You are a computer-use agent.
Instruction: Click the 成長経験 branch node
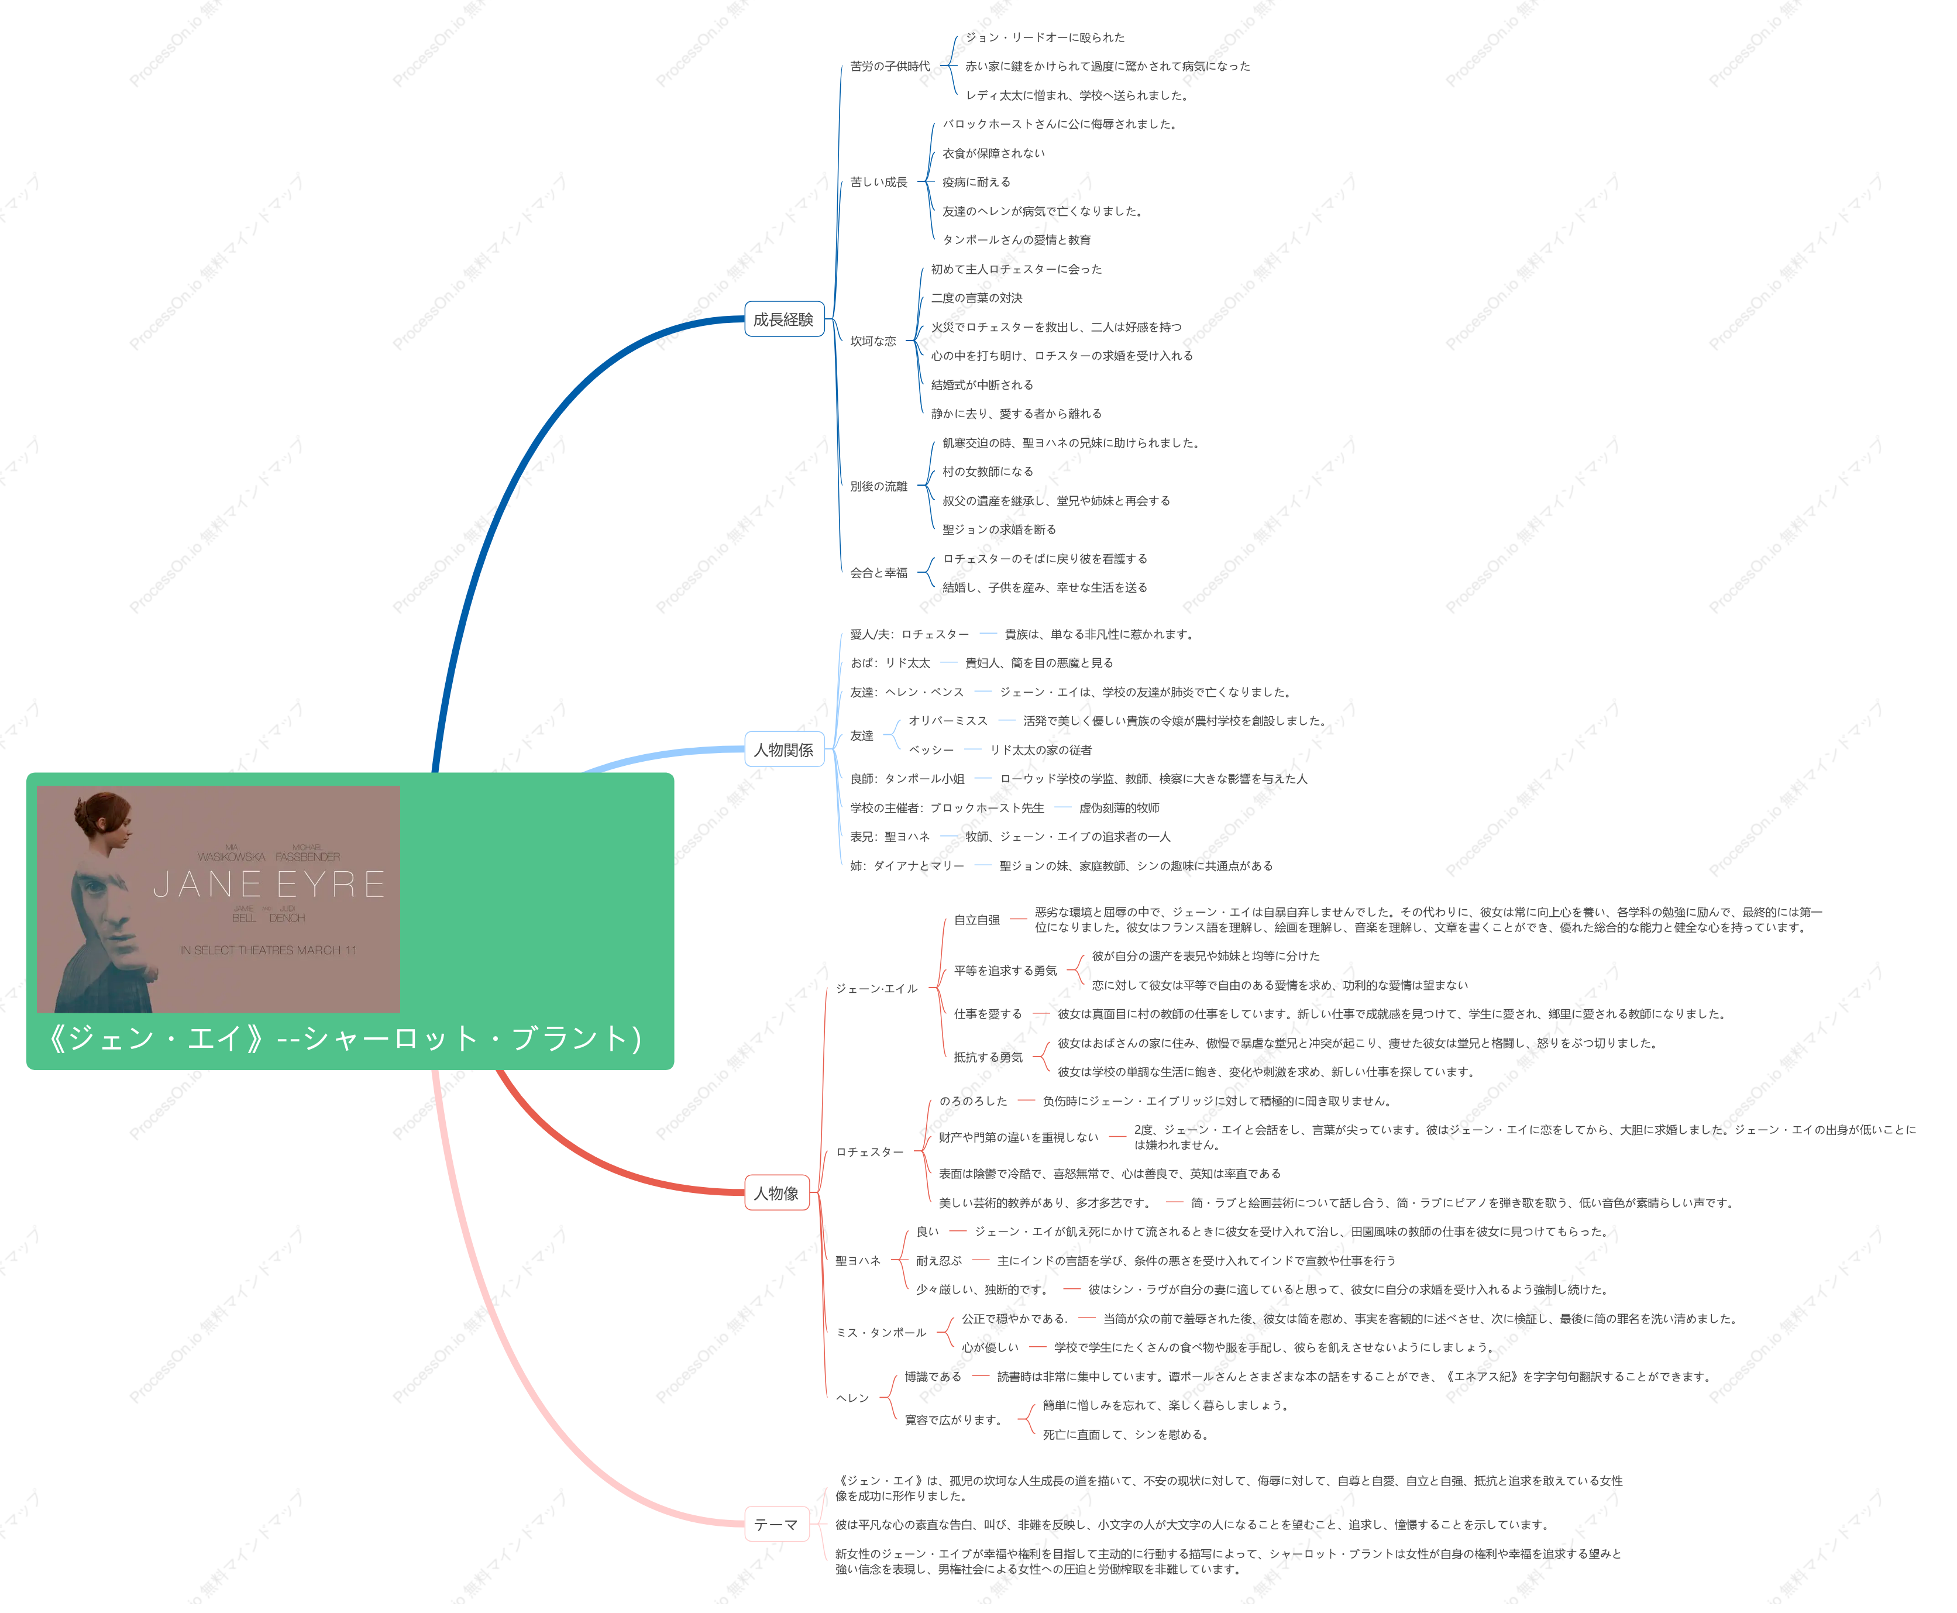[783, 319]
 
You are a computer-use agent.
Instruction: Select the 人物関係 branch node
[783, 749]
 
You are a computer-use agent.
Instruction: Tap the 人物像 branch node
[776, 1192]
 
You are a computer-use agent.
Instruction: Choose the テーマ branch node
[776, 1524]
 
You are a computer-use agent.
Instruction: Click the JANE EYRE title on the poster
[270, 883]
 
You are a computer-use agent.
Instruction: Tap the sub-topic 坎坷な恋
[872, 341]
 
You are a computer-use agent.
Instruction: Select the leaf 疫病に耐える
[976, 182]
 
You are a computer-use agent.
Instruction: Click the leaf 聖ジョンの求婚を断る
[999, 529]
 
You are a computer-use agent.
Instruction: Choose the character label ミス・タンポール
[881, 1332]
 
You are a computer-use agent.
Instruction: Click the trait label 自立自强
[976, 920]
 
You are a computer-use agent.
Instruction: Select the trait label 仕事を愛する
[988, 1014]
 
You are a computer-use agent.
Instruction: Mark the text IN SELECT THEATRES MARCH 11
[269, 950]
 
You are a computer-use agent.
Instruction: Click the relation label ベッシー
[931, 750]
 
